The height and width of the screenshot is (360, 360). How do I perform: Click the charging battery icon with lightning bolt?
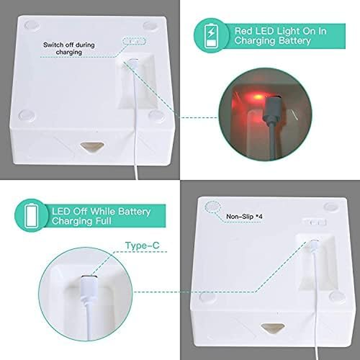(211, 36)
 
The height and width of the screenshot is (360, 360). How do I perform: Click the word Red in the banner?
(243, 31)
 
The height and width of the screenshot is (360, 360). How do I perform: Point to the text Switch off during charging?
(63, 49)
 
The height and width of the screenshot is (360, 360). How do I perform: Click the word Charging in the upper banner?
(255, 41)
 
